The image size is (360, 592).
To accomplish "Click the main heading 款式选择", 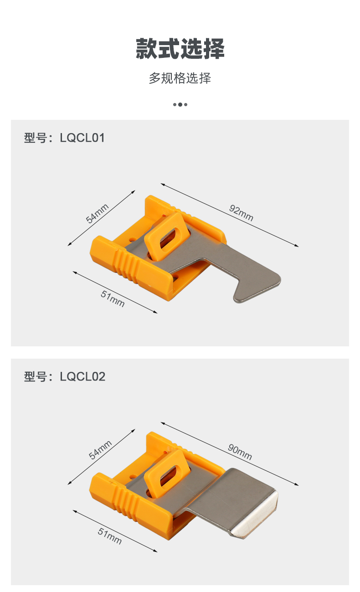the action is (180, 49).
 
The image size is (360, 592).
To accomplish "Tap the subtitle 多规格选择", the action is (180, 78).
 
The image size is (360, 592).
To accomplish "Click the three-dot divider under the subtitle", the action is (180, 104).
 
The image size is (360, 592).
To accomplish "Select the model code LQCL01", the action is (82, 138).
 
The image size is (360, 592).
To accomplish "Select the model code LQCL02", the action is (82, 376).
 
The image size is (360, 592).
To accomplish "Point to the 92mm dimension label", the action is (241, 213).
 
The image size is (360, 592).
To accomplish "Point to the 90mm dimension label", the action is (240, 452).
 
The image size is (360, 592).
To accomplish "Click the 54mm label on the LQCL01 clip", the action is (97, 213).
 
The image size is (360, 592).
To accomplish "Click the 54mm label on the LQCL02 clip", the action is (100, 450).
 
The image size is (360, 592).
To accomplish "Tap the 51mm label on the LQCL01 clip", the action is (113, 299).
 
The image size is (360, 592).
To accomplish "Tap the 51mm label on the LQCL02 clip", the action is (110, 536).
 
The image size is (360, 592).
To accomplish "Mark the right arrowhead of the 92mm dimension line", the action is (297, 246).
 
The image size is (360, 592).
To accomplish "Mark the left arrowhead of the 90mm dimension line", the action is (163, 423).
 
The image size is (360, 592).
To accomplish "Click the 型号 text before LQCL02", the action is (36, 376).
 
